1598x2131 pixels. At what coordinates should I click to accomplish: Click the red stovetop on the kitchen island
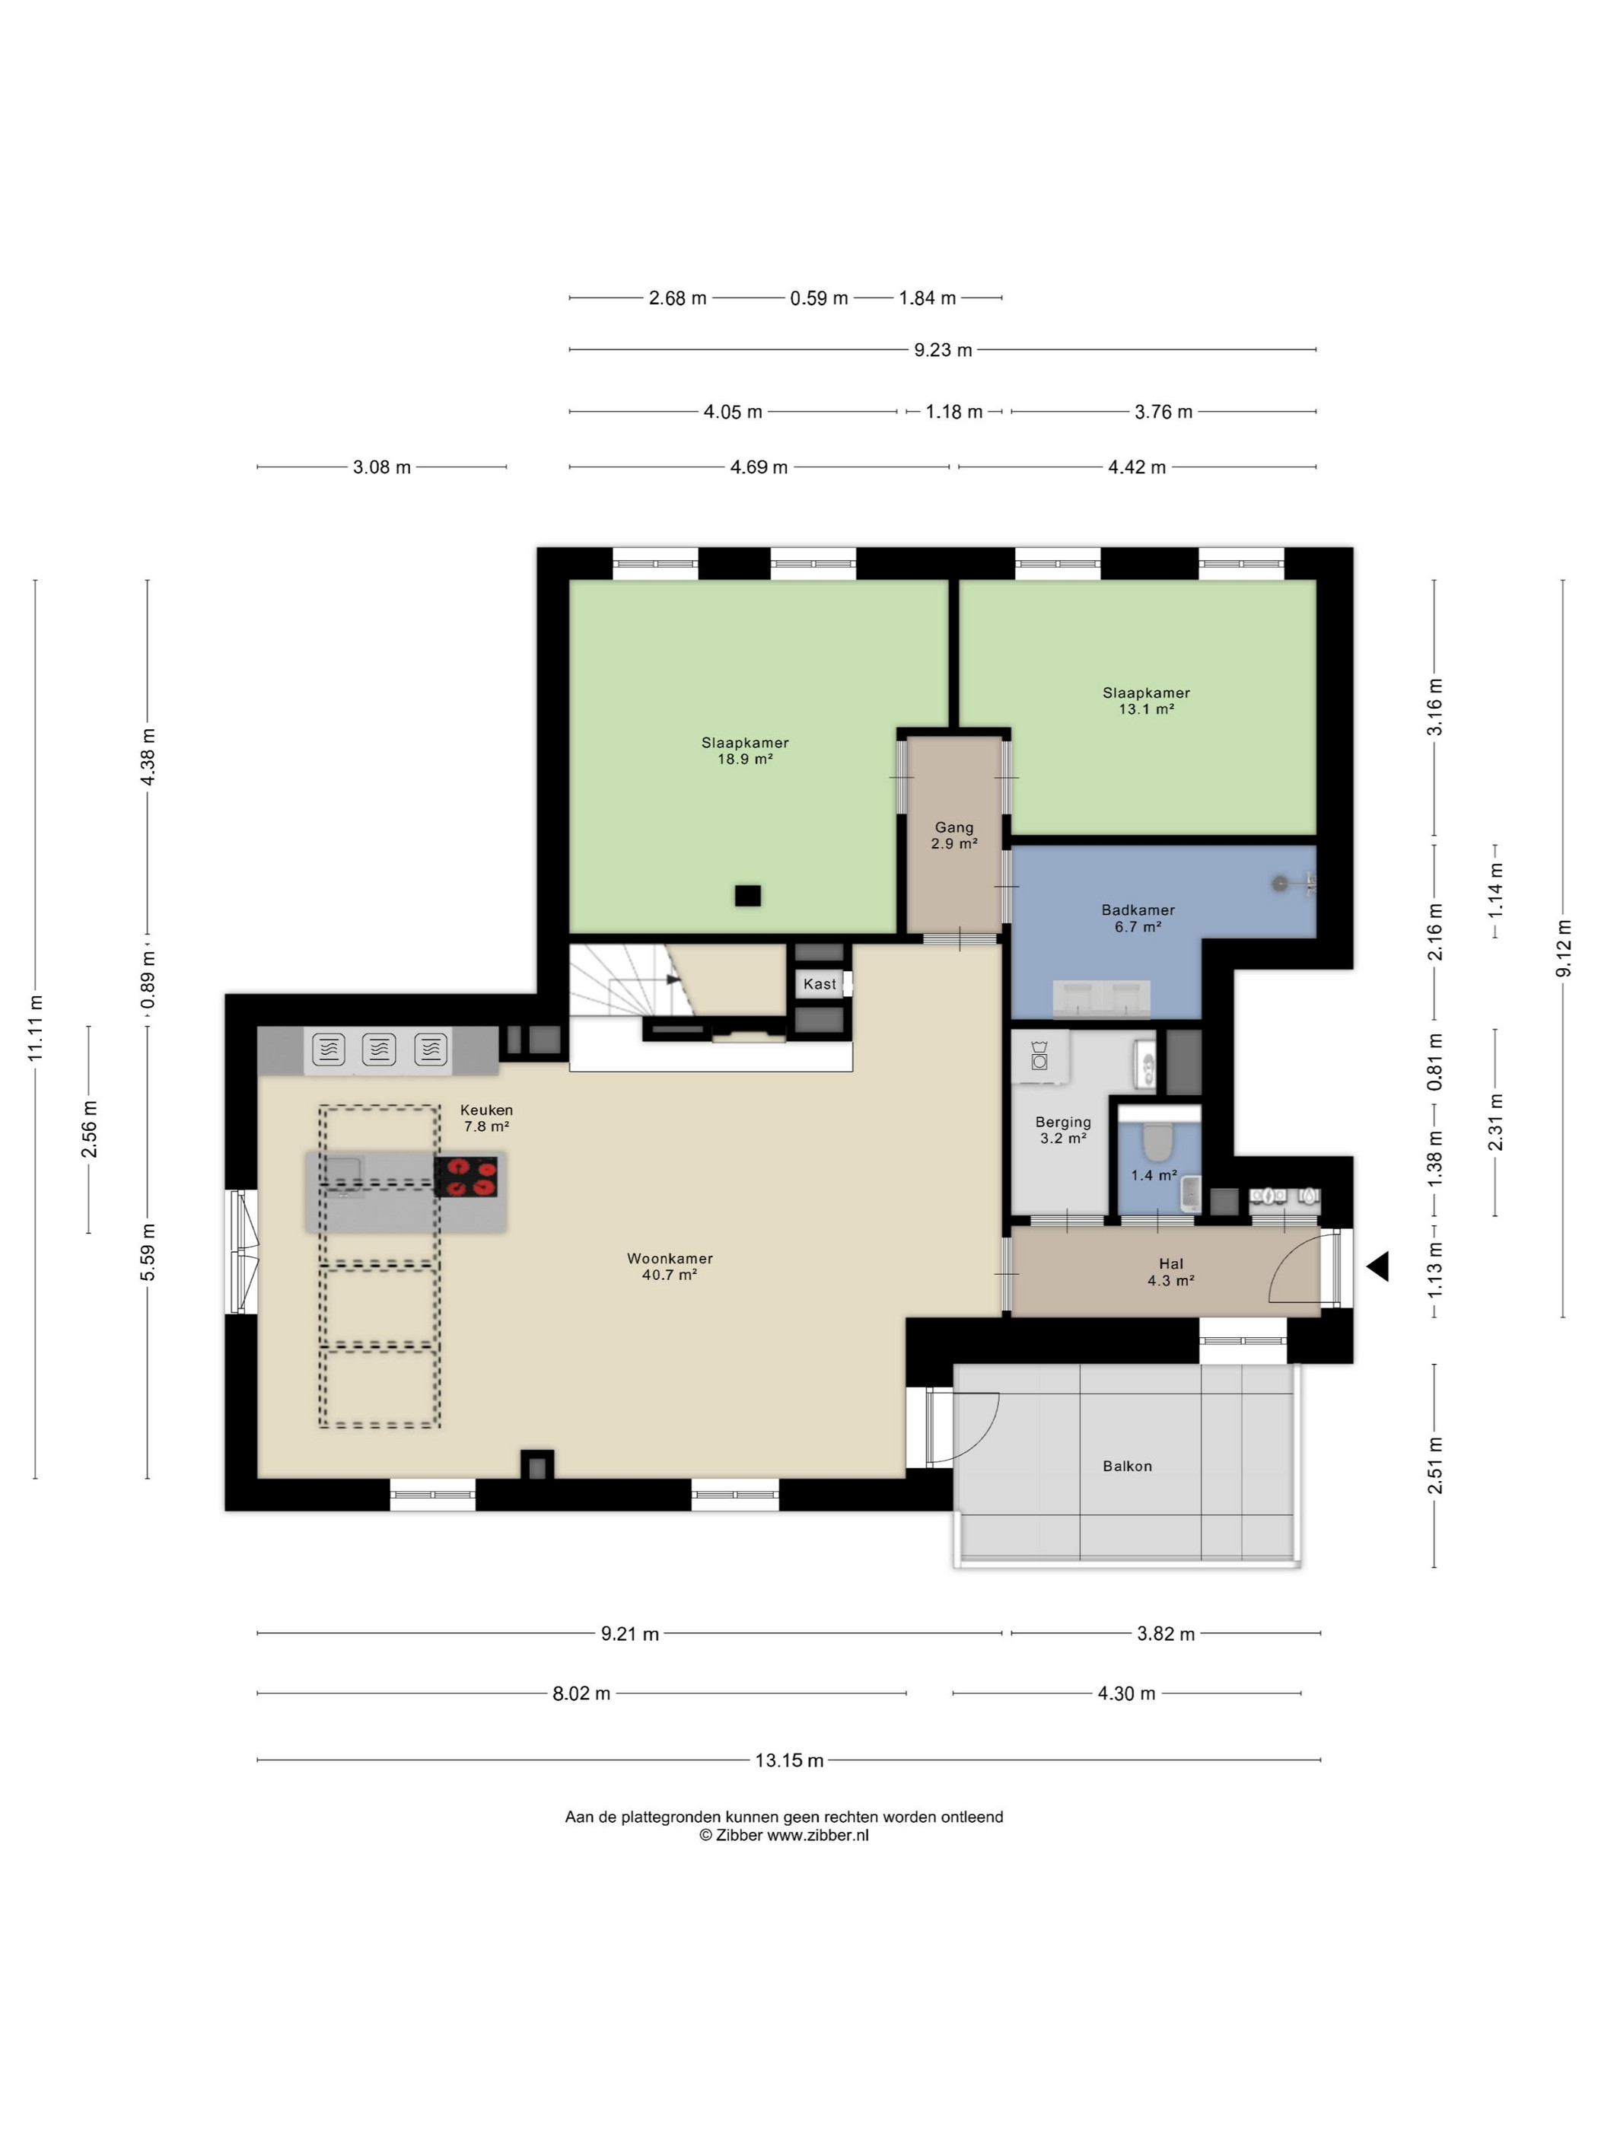[x=465, y=1177]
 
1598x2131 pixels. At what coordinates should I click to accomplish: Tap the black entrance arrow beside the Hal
[x=1378, y=1266]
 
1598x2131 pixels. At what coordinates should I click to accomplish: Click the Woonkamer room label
[x=670, y=1258]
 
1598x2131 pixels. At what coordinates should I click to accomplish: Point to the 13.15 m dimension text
[x=789, y=1760]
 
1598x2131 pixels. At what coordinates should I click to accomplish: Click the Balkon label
[x=1127, y=1467]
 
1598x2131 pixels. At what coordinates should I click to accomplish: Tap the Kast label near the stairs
[x=820, y=983]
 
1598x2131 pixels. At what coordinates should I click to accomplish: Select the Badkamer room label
[x=1138, y=909]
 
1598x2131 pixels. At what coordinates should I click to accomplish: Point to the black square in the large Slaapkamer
[x=747, y=896]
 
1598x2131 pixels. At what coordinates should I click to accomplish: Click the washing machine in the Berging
[x=1039, y=1057]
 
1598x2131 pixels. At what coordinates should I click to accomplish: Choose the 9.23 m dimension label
[x=943, y=349]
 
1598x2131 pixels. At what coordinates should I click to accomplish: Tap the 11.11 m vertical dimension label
[x=36, y=1028]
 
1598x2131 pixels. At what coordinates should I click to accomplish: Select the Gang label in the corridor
[x=953, y=827]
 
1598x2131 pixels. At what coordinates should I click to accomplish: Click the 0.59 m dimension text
[x=819, y=298]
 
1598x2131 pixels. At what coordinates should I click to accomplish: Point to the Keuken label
[x=486, y=1110]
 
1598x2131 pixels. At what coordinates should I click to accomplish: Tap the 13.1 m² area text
[x=1146, y=709]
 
